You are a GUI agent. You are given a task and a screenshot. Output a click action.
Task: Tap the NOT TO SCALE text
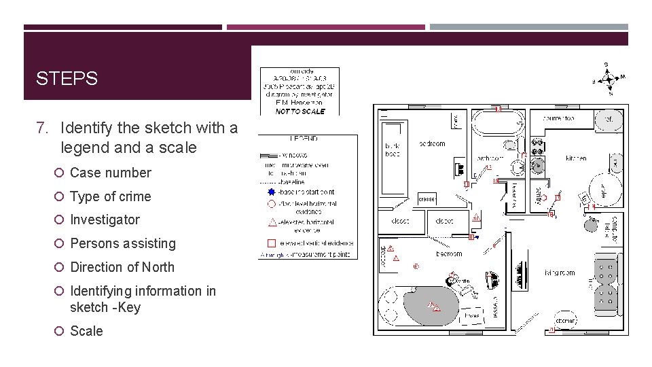tap(300, 111)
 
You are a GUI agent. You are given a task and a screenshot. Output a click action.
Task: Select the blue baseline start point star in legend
tap(270, 192)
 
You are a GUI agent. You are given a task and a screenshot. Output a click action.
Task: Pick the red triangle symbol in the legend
tap(272, 222)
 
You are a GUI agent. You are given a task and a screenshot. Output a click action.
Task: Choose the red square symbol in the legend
tap(271, 243)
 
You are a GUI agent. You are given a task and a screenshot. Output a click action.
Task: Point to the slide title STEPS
tap(67, 79)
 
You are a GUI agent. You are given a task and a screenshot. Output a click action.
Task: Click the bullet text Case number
tap(111, 173)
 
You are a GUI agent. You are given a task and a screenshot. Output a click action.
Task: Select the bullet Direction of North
tap(122, 267)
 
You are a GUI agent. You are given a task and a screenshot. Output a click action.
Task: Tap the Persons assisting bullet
tap(123, 243)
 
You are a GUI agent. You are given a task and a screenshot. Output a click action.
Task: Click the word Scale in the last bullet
tap(87, 331)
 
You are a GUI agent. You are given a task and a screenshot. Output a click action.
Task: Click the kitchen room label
tap(576, 158)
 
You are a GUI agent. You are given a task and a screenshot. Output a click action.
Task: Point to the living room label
tap(559, 273)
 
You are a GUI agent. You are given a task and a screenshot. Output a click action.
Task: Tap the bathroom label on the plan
tap(489, 158)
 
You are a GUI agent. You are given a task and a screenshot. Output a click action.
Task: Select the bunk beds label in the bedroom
tap(393, 150)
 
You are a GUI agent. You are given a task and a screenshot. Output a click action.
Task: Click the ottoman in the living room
tap(566, 320)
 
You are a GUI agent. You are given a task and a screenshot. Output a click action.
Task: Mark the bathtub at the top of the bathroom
tap(498, 124)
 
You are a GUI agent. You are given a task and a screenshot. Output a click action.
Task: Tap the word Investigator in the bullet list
tap(105, 220)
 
